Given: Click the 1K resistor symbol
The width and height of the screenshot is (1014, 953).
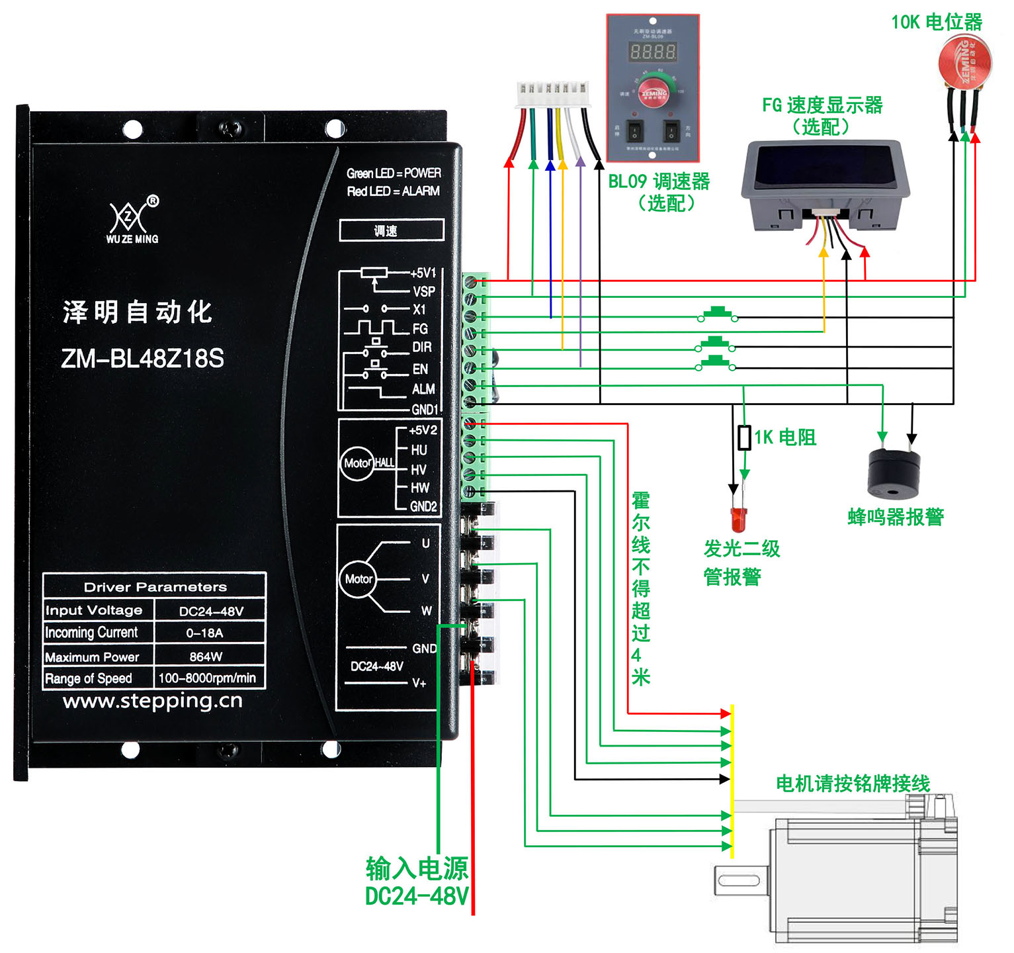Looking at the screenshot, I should (744, 437).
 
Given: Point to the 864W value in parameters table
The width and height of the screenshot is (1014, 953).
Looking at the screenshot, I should (206, 657).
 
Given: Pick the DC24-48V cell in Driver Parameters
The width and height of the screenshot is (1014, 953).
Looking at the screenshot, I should (211, 611).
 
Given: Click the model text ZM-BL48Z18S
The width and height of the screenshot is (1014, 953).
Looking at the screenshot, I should (142, 359).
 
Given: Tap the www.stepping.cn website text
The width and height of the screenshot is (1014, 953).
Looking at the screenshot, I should (153, 701).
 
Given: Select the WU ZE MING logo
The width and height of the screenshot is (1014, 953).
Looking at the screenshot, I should (132, 222).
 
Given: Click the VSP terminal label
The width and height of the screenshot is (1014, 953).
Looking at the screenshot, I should (424, 291).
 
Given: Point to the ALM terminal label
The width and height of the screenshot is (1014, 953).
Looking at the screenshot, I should (423, 389).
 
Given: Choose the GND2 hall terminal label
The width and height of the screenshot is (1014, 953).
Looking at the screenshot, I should (423, 506).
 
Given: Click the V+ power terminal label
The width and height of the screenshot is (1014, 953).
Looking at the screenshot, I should (419, 683).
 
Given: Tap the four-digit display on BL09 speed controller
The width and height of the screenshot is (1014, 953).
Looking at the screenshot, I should (652, 52).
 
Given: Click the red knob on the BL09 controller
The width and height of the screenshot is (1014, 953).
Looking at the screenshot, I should (654, 94).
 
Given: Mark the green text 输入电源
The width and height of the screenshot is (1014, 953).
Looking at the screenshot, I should (417, 868).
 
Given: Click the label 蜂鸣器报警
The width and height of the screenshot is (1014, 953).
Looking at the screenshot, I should (896, 517).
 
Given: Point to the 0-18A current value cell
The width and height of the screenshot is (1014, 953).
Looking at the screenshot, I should (204, 633).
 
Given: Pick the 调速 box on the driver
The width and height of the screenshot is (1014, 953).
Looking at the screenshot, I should (391, 230).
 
